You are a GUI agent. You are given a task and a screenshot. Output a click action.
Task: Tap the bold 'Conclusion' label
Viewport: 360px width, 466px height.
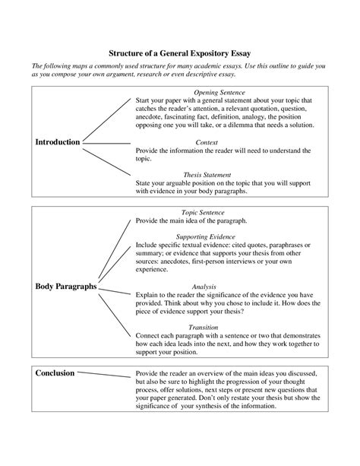55,373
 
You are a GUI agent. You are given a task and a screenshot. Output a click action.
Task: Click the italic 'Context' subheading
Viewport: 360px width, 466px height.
207,142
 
